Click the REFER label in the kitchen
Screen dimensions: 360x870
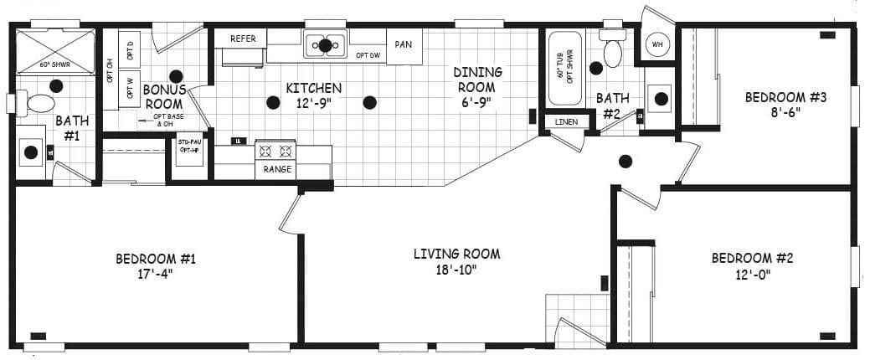point(243,39)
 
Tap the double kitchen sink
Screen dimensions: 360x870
point(325,44)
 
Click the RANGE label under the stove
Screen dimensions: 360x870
point(277,169)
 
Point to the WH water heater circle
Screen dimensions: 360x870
point(657,44)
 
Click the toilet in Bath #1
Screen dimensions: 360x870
point(39,104)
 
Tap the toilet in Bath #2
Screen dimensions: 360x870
point(613,53)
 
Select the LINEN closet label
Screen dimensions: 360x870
point(566,122)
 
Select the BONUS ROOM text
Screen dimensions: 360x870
point(163,96)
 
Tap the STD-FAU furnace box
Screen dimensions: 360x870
point(189,150)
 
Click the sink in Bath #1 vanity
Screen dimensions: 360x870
point(31,152)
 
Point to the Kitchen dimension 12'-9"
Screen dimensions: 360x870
point(314,103)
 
